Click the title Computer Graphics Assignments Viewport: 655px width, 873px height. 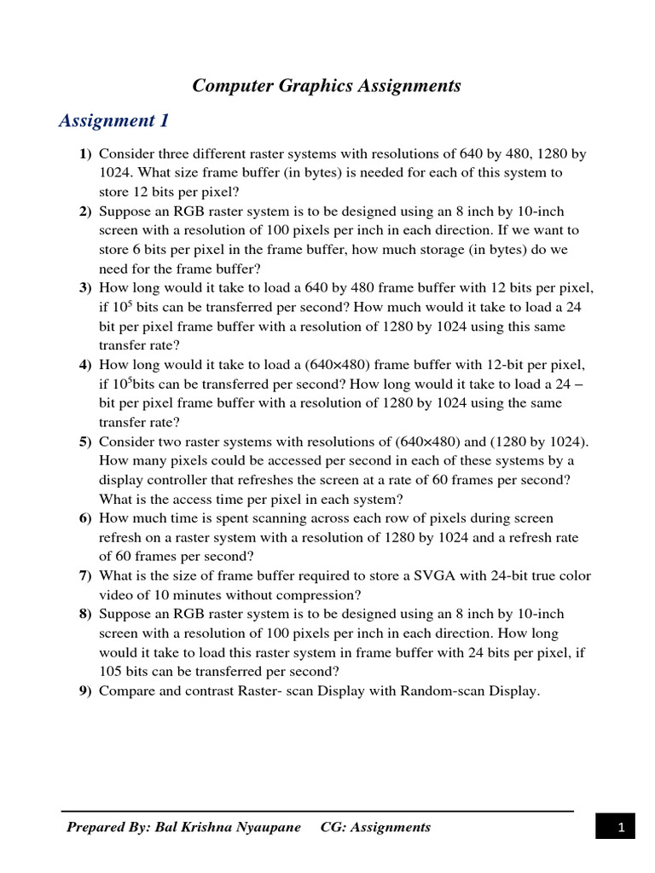point(327,86)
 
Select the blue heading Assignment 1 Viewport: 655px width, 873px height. point(113,121)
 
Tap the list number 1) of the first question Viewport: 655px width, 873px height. point(84,154)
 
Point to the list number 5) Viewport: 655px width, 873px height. point(84,442)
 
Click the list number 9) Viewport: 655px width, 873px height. point(84,691)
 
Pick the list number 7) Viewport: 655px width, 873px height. point(84,576)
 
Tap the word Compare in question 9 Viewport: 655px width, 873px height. point(125,691)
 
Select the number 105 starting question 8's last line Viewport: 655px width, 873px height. point(111,672)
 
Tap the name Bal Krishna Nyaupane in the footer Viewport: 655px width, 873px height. point(228,827)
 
